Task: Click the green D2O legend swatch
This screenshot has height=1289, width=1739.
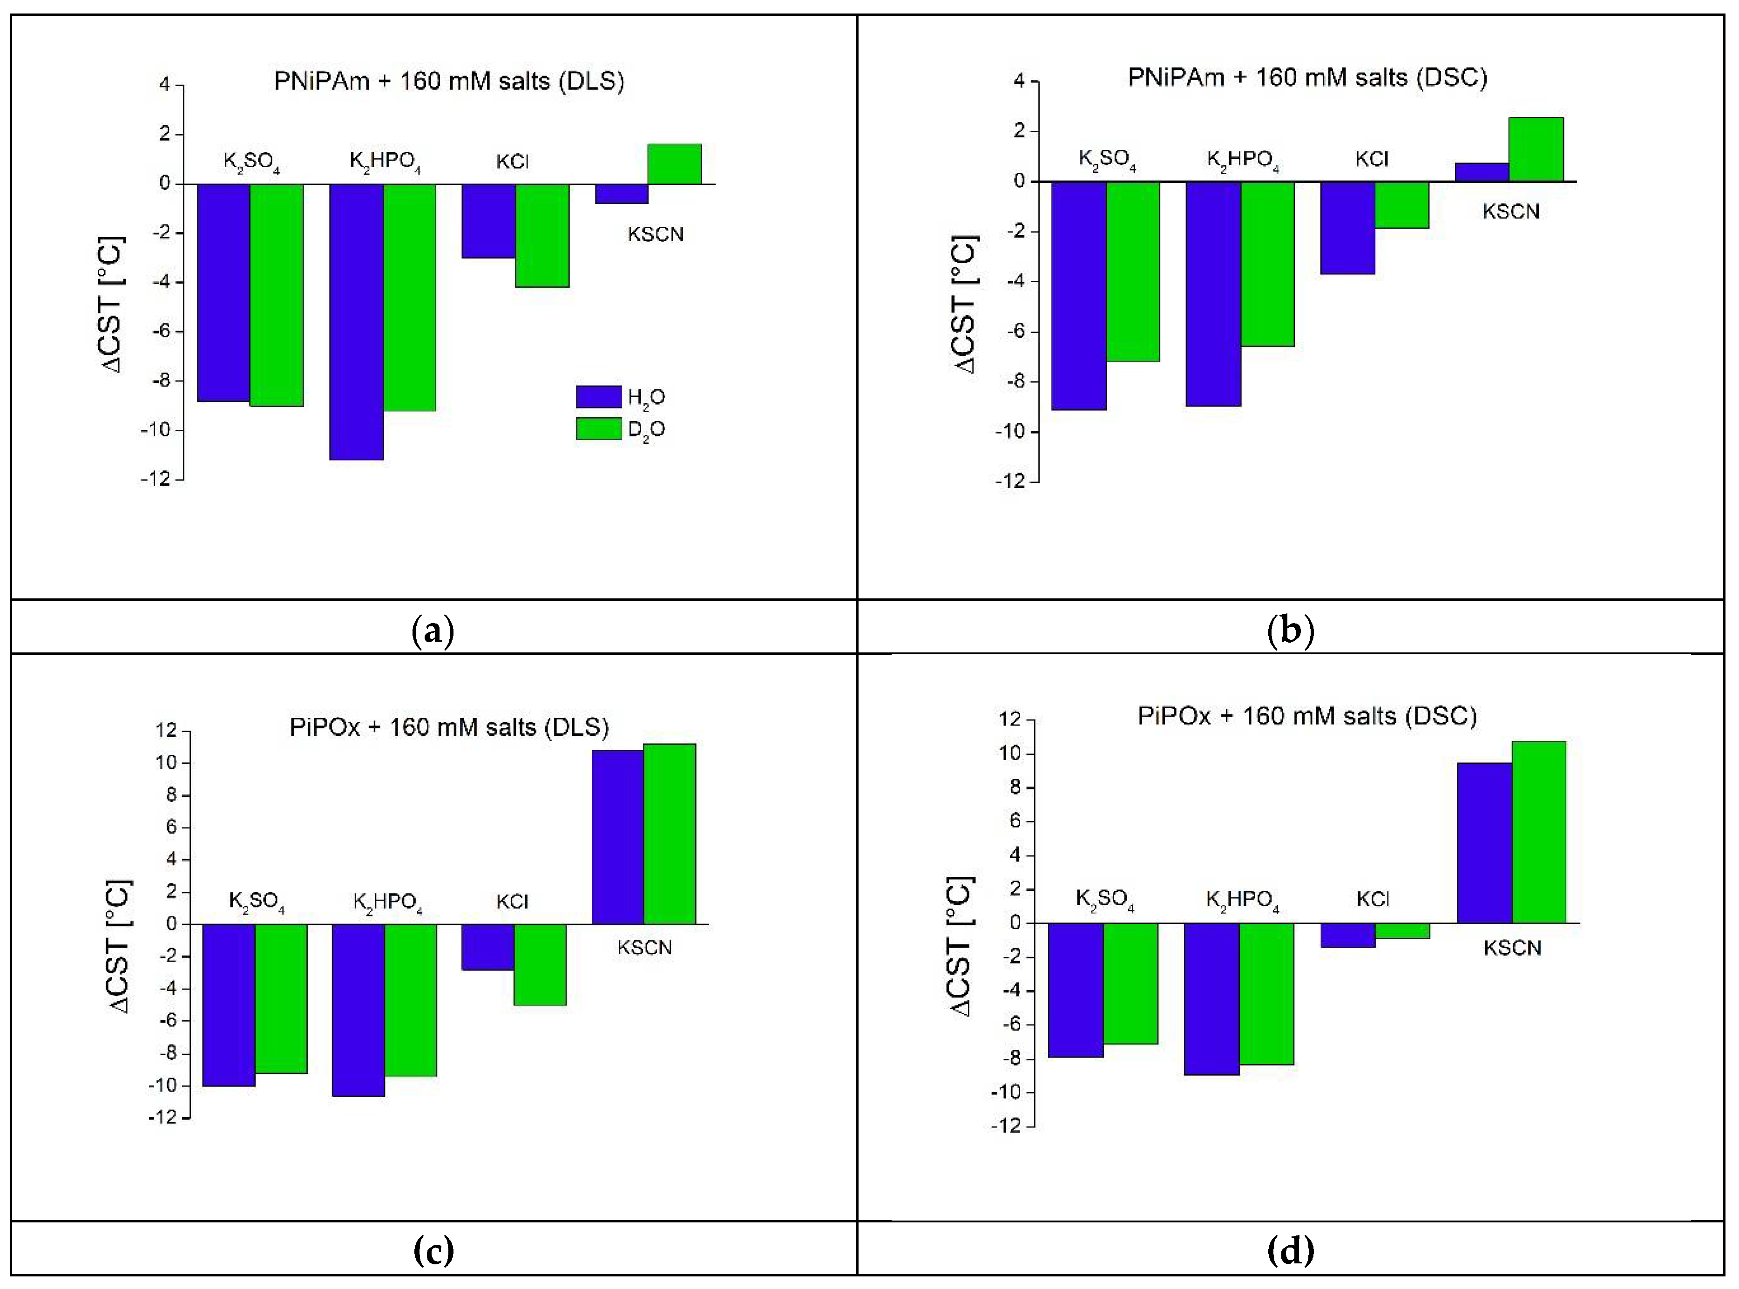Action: point(598,428)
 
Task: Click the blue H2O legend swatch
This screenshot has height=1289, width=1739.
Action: point(598,396)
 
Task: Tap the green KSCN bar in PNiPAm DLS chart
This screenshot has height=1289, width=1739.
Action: point(675,164)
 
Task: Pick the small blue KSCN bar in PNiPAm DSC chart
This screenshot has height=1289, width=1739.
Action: point(1482,172)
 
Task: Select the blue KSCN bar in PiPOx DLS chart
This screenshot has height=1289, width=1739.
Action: point(618,836)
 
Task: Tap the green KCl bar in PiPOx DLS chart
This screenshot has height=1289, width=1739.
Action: point(540,964)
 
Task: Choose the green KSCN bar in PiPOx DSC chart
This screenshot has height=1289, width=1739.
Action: point(1538,832)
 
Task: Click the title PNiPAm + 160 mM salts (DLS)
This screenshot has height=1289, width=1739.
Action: point(448,81)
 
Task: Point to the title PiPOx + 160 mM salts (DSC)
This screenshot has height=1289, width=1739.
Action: point(1307,715)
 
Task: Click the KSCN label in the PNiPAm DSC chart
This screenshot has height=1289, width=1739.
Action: point(1510,211)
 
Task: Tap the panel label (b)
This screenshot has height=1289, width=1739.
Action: point(1291,630)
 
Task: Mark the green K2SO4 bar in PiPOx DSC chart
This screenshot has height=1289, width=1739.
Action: point(1130,983)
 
